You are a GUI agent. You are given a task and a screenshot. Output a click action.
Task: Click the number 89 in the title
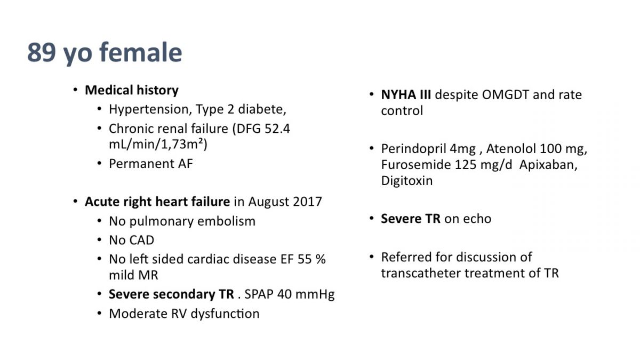click(x=42, y=52)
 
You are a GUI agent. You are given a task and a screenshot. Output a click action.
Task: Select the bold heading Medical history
click(x=132, y=90)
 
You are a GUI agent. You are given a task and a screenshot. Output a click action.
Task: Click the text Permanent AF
click(x=151, y=164)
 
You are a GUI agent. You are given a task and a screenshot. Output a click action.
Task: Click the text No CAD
click(x=132, y=240)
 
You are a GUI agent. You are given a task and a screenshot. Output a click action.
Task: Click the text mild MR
click(x=133, y=275)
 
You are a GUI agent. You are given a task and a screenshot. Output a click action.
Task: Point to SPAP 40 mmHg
click(x=290, y=294)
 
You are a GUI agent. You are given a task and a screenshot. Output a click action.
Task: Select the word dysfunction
click(x=225, y=314)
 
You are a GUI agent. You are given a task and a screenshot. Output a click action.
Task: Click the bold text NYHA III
click(x=406, y=95)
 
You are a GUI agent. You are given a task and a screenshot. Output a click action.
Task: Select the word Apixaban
click(x=548, y=165)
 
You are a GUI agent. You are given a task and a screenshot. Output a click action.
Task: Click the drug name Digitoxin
click(x=407, y=181)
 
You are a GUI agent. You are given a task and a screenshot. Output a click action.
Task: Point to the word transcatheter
click(x=421, y=273)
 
